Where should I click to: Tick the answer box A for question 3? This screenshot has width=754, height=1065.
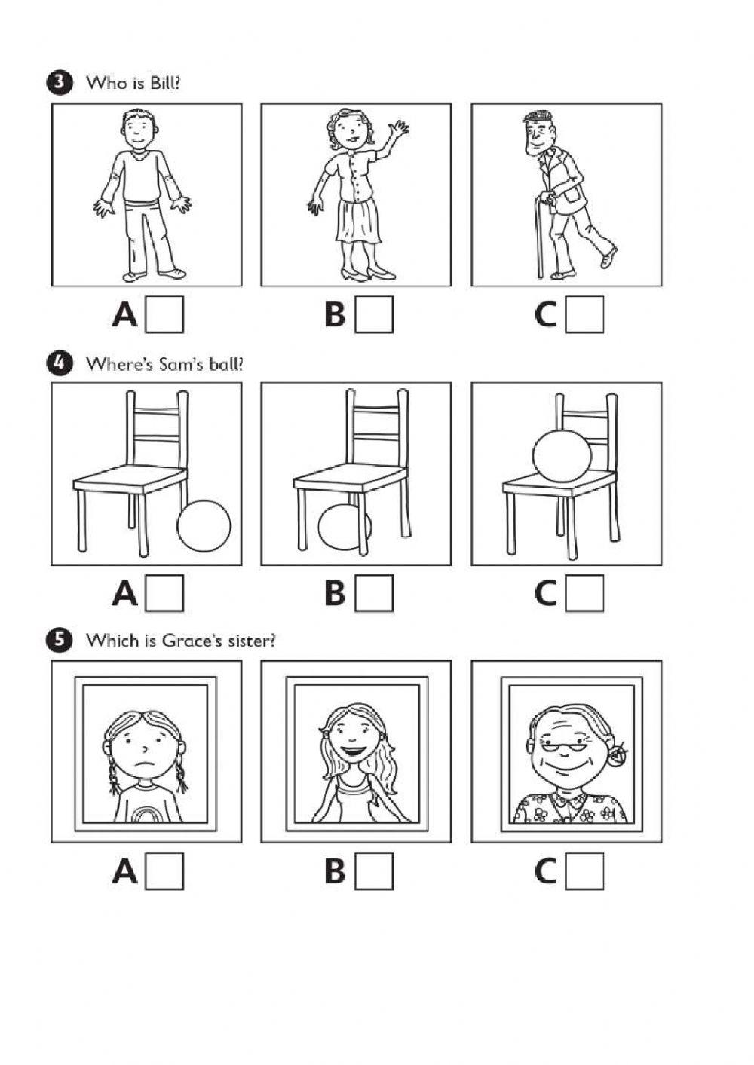[x=164, y=314]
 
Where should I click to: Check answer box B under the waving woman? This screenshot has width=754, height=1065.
[x=374, y=314]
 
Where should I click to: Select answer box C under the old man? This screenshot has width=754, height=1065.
[x=584, y=314]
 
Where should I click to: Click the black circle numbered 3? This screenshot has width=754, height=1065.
[x=59, y=84]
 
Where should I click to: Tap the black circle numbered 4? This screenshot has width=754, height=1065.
[x=59, y=365]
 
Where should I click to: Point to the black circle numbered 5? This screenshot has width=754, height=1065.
[x=59, y=640]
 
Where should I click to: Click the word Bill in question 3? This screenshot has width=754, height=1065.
[x=165, y=83]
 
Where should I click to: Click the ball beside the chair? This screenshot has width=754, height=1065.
[x=204, y=526]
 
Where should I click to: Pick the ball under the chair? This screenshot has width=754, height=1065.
[x=344, y=527]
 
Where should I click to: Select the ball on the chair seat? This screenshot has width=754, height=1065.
[x=562, y=457]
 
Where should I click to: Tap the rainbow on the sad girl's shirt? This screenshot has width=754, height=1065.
[x=146, y=815]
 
